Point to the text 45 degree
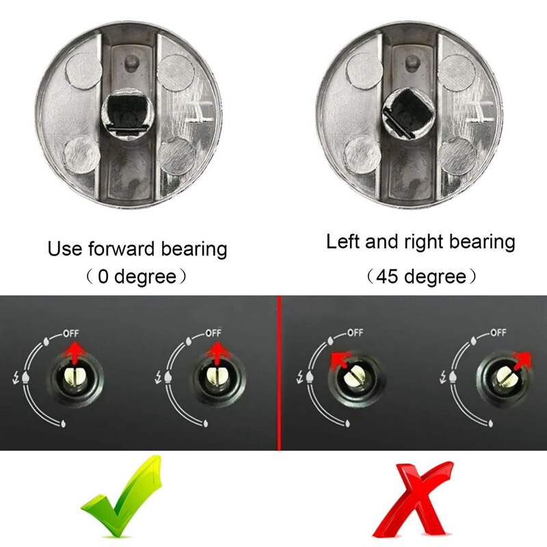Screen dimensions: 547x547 (x=420, y=277)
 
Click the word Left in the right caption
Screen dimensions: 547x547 (x=343, y=241)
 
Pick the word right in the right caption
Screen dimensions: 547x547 (x=425, y=242)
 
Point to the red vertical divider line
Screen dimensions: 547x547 (x=279, y=373)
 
